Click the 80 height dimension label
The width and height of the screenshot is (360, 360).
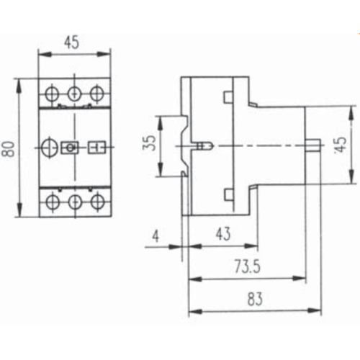[x=9, y=149]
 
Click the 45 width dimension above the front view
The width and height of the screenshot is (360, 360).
[x=71, y=42]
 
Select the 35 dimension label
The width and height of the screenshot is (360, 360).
[x=149, y=143]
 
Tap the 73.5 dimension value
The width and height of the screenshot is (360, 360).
[x=247, y=266]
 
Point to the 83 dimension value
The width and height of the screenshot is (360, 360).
[x=255, y=299]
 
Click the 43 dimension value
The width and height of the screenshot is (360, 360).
[x=223, y=234]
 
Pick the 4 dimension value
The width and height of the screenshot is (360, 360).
[x=156, y=236]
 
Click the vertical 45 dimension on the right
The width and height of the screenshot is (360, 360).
[x=341, y=145]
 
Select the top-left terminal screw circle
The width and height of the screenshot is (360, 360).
[x=52, y=94]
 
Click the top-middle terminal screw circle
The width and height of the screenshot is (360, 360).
[x=74, y=94]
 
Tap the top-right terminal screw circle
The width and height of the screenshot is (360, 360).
[x=96, y=94]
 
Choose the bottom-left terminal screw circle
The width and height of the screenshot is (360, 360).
[x=52, y=202]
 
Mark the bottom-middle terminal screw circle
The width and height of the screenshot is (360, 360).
[x=75, y=202]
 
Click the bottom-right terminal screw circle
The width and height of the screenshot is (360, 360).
[x=97, y=202]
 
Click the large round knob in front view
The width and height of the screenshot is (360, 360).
[x=50, y=148]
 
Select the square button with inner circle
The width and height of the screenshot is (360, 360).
[x=70, y=148]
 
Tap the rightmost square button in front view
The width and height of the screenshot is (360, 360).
[x=97, y=147]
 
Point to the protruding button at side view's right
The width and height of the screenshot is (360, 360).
[x=313, y=145]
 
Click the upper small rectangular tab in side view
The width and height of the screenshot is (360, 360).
[x=228, y=97]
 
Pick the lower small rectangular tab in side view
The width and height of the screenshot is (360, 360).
[x=229, y=194]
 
